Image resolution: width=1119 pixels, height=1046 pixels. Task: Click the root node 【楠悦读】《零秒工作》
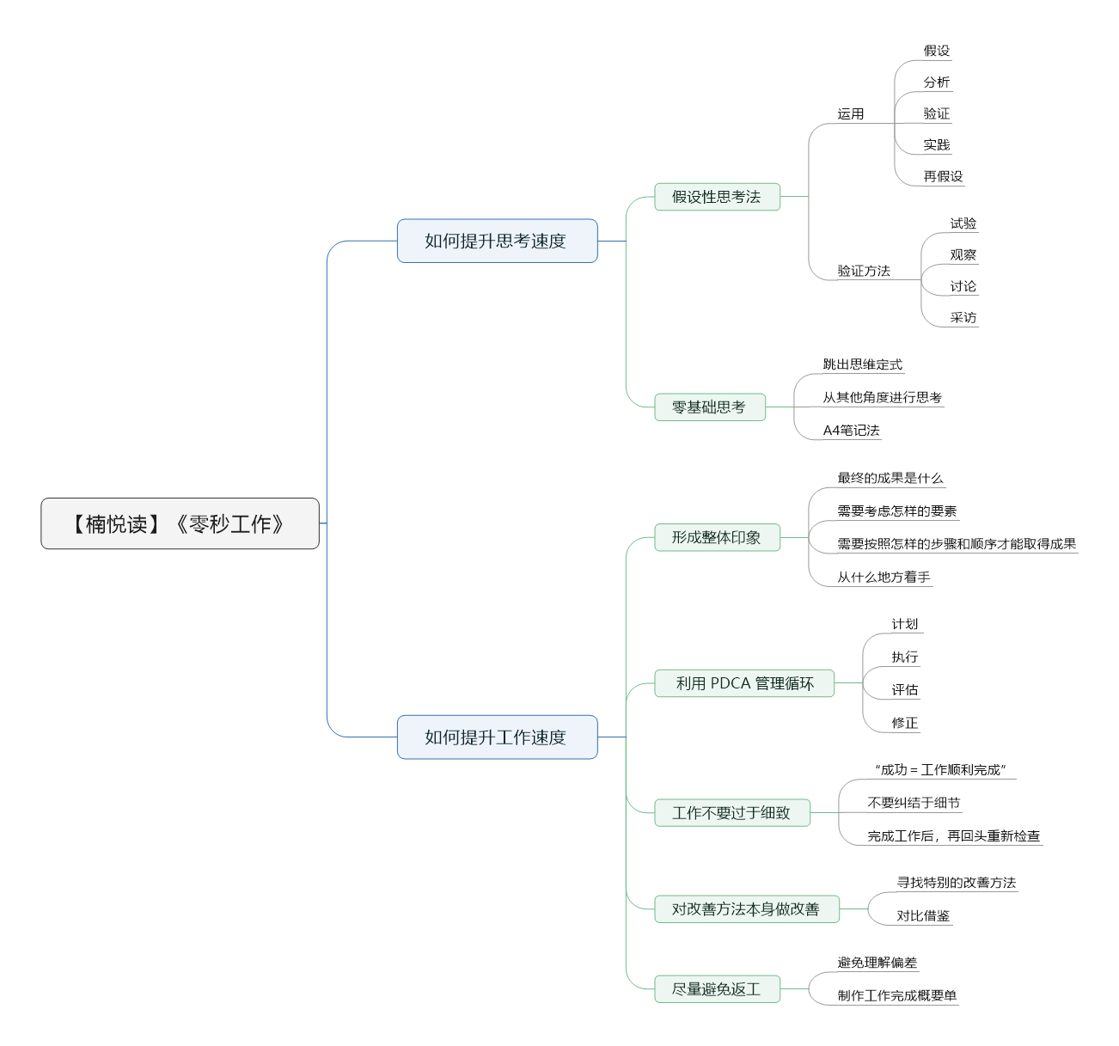[180, 523]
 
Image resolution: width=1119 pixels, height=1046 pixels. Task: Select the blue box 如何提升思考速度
[497, 241]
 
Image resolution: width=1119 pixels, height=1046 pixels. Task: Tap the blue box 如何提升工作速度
[497, 737]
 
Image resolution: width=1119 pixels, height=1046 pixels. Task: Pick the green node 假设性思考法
[717, 197]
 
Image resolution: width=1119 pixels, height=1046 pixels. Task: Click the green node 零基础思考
[709, 407]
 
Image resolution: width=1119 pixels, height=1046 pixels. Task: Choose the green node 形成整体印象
[717, 537]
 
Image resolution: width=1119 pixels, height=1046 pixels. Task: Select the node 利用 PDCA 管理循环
[743, 683]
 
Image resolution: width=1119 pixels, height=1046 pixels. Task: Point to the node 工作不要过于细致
[732, 812]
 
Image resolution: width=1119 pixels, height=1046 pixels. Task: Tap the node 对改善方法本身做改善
[747, 908]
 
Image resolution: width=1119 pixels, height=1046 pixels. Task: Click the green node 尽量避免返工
[717, 988]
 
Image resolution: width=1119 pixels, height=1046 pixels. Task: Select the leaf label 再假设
[943, 176]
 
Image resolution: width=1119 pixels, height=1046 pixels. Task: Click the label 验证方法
[863, 271]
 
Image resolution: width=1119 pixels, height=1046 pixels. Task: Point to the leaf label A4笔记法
[851, 430]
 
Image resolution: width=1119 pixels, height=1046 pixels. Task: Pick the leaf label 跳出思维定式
[862, 364]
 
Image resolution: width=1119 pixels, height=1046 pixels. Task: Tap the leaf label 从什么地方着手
[884, 577]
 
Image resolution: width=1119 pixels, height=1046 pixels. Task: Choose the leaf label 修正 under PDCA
[904, 723]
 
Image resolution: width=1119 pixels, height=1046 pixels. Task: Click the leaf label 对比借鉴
[923, 915]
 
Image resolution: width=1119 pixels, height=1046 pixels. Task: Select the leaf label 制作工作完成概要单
[896, 995]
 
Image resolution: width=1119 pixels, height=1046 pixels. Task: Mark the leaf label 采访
[963, 317]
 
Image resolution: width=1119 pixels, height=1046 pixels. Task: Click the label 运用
[850, 113]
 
